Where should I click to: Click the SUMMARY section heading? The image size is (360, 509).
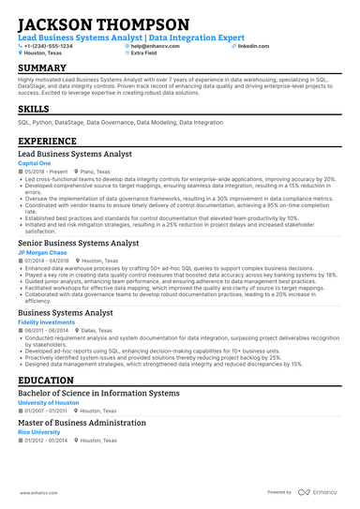(x=42, y=68)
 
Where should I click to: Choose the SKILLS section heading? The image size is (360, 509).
(x=34, y=109)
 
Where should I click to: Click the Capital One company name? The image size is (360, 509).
(x=33, y=162)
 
